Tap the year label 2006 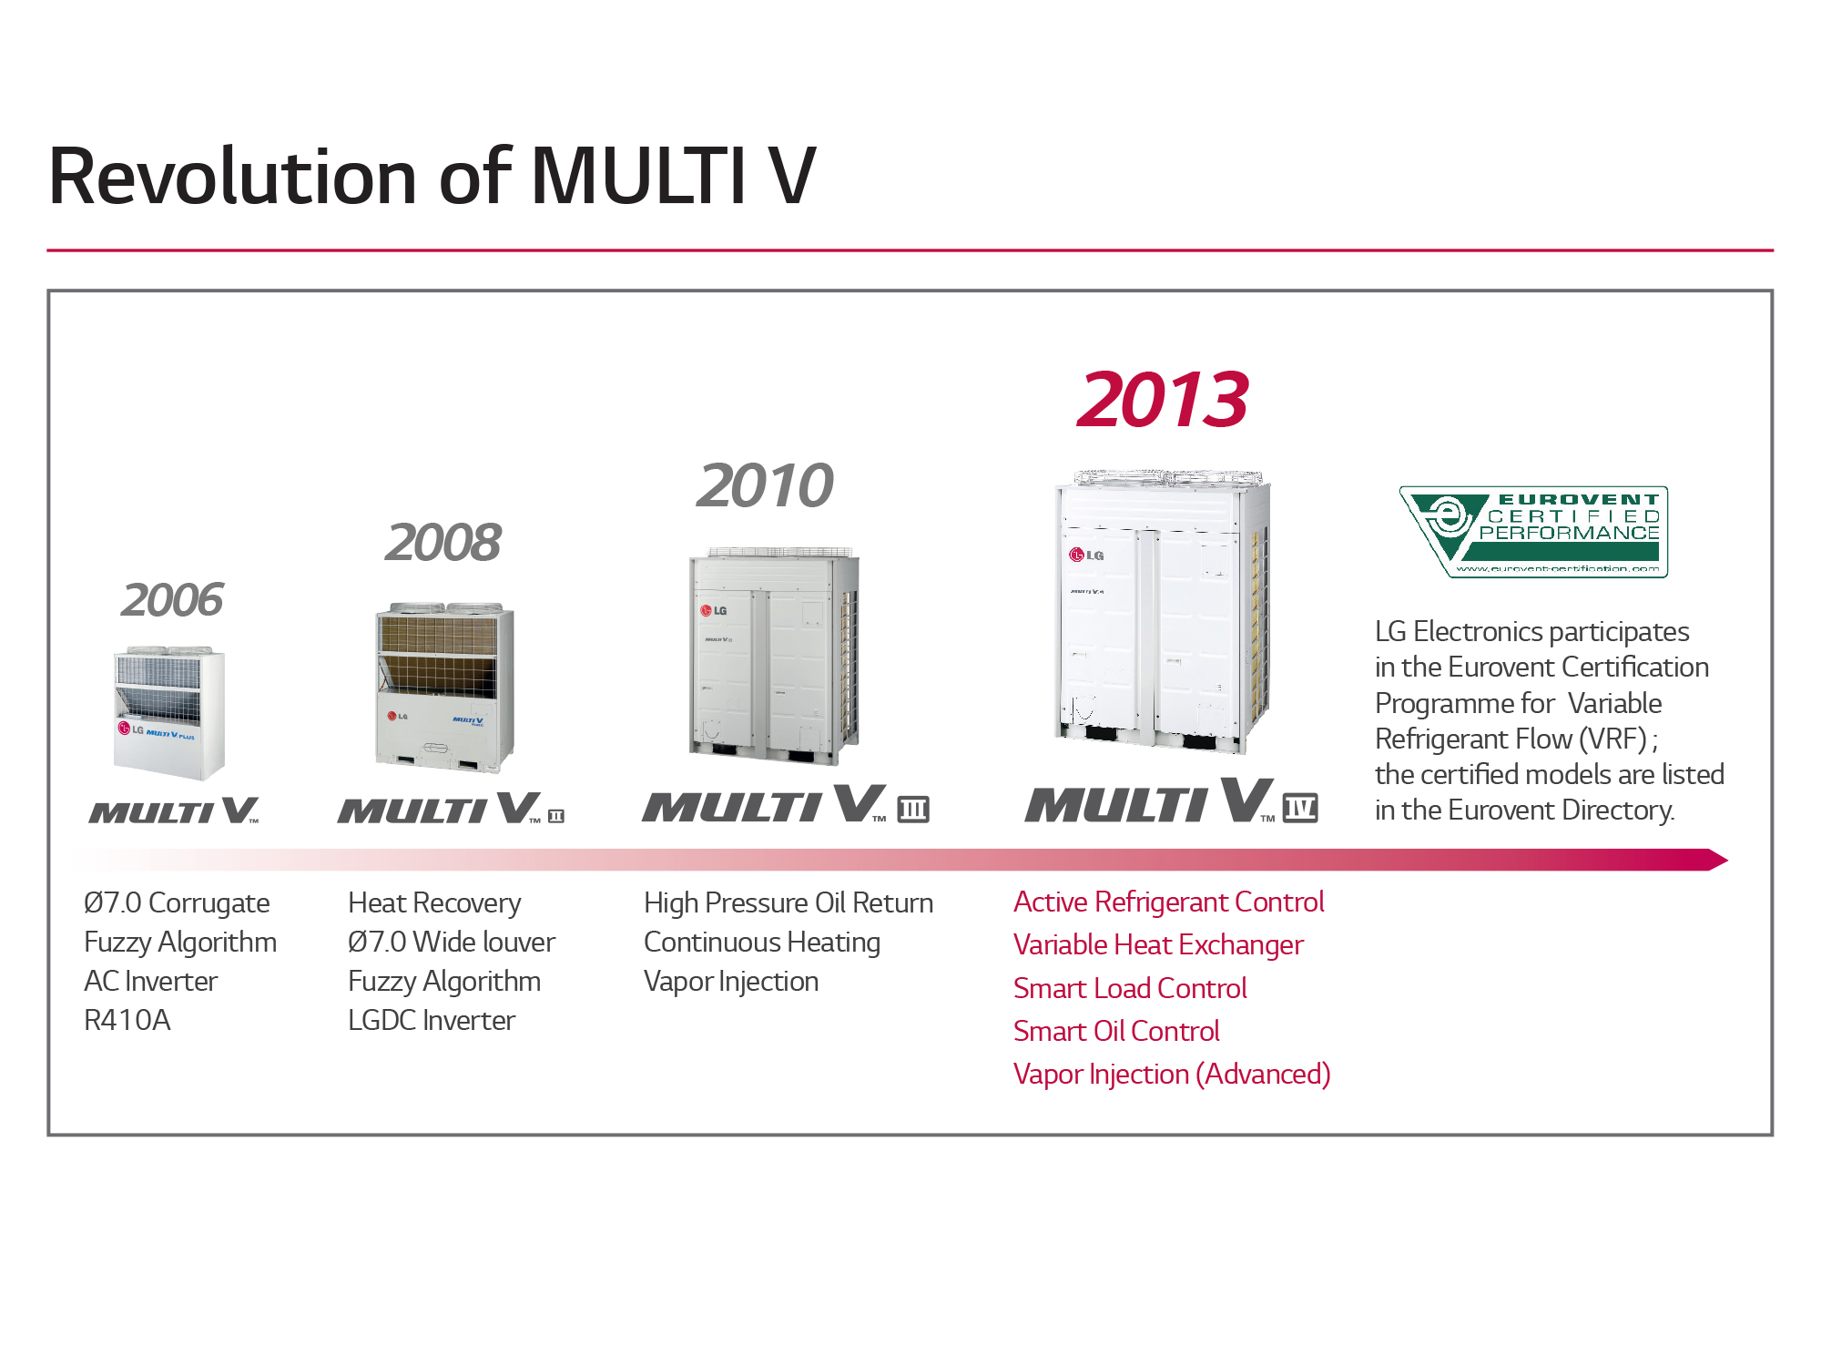tap(172, 600)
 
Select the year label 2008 tap(443, 543)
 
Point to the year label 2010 tap(765, 485)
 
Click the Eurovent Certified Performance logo tap(1533, 532)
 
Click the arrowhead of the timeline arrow tap(1717, 860)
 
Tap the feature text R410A tap(127, 1020)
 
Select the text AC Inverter tap(150, 981)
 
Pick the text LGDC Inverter tap(432, 1020)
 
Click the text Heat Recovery tap(434, 902)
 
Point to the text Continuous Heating tap(762, 942)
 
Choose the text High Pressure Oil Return tap(788, 902)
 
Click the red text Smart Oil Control tap(1116, 1031)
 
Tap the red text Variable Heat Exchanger tap(1158, 945)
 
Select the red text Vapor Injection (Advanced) tap(1172, 1075)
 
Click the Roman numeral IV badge tap(1300, 808)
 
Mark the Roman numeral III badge tap(913, 809)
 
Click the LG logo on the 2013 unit tap(1086, 555)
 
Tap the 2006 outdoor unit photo tap(169, 714)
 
